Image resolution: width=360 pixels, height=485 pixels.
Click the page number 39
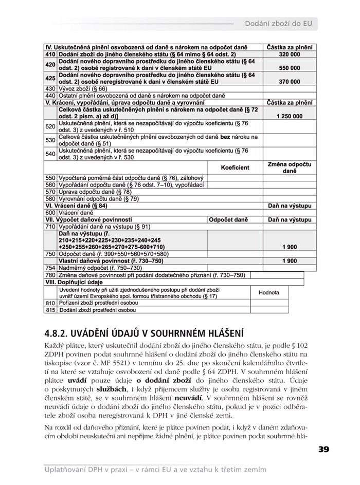[323, 449]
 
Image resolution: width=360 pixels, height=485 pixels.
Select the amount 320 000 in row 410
[290, 54]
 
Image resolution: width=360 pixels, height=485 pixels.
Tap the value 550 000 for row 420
[290, 67]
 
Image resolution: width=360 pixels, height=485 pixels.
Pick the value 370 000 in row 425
[290, 81]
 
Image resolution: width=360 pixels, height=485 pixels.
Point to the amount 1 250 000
[290, 117]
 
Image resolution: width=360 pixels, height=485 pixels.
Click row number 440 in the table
[50, 95]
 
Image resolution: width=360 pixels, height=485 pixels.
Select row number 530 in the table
[50, 140]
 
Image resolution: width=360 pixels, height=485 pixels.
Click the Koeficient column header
[235, 167]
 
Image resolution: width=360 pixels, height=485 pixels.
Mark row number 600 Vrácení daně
[50, 212]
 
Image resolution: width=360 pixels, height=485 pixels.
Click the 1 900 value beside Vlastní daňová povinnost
[290, 260]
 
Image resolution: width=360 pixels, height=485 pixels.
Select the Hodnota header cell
[268, 292]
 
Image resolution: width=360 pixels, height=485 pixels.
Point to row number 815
[50, 310]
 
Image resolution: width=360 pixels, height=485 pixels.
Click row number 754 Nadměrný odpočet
[50, 268]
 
